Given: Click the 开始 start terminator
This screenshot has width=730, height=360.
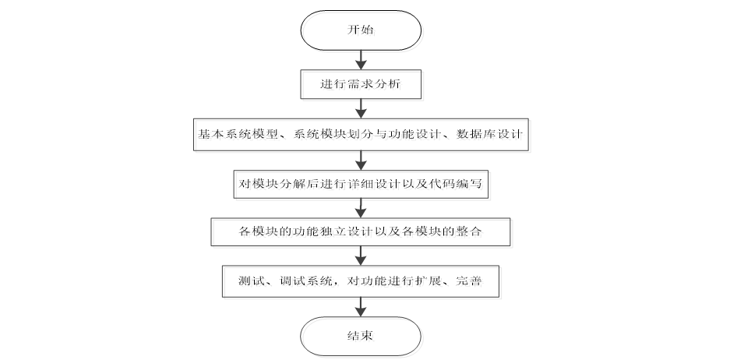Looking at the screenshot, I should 360,31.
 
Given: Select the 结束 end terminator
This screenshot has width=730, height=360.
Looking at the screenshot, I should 360,336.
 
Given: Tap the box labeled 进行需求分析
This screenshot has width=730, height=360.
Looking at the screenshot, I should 360,83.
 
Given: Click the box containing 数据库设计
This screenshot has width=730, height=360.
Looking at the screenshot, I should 360,135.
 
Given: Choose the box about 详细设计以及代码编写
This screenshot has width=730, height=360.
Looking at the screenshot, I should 360,184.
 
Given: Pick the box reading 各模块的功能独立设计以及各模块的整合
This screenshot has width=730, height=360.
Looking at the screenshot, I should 360,232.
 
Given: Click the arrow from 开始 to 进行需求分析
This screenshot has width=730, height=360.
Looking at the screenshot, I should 360,59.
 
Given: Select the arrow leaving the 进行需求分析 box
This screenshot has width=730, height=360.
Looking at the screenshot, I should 360,108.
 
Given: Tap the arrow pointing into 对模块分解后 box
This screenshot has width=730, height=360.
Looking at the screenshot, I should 360,160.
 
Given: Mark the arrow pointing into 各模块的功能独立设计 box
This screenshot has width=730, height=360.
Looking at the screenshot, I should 360,208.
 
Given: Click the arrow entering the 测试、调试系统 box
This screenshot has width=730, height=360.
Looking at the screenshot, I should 360,256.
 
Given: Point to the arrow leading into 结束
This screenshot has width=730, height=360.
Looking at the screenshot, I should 360,307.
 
